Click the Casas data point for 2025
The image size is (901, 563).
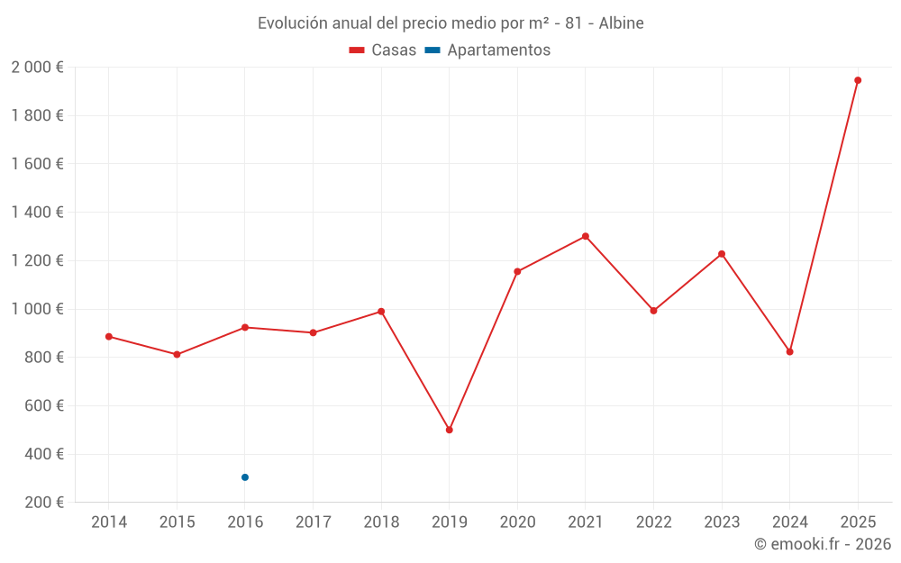click(858, 80)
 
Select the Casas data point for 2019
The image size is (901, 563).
click(449, 430)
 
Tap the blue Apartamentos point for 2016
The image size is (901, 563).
click(245, 477)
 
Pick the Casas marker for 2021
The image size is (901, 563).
click(586, 236)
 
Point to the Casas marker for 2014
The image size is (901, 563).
click(109, 337)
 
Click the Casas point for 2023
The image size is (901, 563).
click(722, 254)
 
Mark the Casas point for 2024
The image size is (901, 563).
click(790, 351)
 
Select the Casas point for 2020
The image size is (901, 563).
click(517, 271)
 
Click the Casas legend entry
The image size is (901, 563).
click(383, 50)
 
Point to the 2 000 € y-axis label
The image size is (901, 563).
click(37, 67)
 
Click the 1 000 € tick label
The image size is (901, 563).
click(37, 309)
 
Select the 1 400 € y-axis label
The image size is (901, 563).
click(37, 213)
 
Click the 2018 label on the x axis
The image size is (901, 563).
click(381, 522)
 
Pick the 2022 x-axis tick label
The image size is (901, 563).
click(653, 522)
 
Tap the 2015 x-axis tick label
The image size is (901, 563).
click(177, 522)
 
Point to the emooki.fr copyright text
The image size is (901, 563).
click(823, 544)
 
